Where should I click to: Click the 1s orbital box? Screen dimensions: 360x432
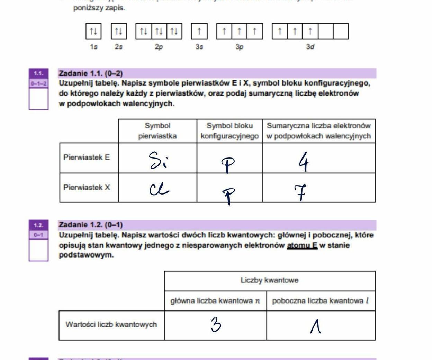(93, 31)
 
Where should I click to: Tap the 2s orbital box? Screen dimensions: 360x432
(119, 31)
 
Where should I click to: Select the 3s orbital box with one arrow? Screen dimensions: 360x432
(199, 31)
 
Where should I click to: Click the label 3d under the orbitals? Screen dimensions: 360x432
(310, 47)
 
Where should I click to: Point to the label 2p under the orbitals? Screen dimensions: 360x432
(159, 47)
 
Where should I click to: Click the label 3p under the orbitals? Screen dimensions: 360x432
(240, 47)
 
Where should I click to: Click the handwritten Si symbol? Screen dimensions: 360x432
(157, 160)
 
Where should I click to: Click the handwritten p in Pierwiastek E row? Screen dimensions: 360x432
(228, 165)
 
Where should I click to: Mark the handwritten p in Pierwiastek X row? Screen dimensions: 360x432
(228, 195)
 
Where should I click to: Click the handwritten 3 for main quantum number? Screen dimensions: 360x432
(216, 325)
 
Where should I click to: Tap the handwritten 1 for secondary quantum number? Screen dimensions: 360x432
(315, 326)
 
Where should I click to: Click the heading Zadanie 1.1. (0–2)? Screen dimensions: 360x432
(91, 73)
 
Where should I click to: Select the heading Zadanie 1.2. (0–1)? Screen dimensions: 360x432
(91, 225)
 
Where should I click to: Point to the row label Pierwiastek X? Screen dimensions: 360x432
(87, 188)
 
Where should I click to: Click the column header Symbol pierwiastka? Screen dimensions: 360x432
(157, 131)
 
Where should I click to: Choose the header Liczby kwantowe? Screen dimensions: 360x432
(269, 280)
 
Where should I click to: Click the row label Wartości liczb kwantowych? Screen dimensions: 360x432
(111, 325)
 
